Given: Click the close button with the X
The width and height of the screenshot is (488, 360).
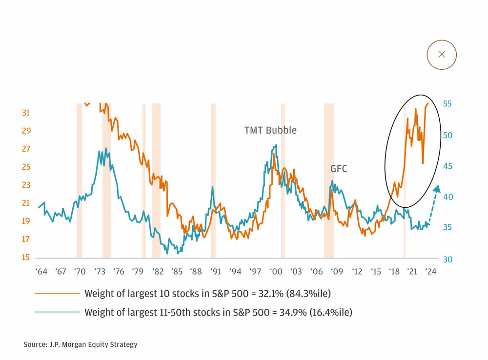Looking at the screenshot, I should pos(442,54).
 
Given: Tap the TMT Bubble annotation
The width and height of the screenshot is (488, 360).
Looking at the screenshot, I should pos(270,130).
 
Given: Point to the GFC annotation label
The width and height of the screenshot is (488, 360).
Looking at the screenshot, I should pos(339,169).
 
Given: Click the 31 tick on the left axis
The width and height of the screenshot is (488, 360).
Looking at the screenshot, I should pos(26,113).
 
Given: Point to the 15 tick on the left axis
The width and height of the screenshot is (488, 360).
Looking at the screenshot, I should pos(26,258).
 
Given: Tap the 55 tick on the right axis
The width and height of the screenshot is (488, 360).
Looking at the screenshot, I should pos(447,104).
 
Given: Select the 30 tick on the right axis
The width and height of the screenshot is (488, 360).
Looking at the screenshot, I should pos(447,259).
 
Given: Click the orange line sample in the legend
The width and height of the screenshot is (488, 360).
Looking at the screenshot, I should pos(57,294).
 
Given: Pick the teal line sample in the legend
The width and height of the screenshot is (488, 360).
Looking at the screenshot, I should pos(57,312).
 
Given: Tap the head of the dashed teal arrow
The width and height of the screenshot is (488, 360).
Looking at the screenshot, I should pos(437,188).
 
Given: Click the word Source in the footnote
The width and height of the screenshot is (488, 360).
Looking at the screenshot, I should pos(36,344).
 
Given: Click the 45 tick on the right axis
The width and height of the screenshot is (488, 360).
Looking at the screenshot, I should pos(447,166).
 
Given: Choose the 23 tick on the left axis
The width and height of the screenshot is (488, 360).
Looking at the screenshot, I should pos(26,185).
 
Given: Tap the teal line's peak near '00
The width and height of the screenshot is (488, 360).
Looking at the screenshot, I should pos(276,145).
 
